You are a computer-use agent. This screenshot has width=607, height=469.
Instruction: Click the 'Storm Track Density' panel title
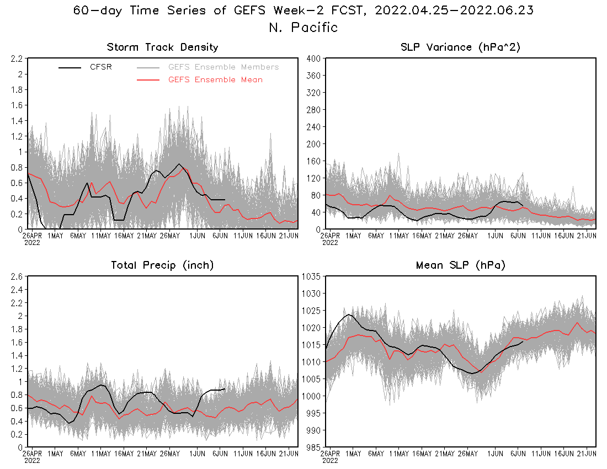click(162, 47)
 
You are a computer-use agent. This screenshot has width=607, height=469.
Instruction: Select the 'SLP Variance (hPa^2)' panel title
click(461, 47)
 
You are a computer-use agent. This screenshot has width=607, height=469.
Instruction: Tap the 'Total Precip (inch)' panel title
click(162, 265)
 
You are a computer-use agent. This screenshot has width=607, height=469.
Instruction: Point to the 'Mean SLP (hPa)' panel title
click(461, 265)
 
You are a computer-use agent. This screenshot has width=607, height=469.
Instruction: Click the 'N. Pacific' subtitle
click(303, 27)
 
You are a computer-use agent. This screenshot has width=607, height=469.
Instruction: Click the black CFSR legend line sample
click(70, 67)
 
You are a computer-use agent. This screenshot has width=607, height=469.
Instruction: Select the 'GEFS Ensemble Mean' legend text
click(215, 80)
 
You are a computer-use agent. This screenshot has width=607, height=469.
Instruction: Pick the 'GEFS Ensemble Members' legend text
click(223, 67)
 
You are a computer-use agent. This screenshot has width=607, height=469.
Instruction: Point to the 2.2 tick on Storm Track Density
click(15, 58)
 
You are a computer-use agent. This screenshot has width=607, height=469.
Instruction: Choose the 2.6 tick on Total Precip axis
click(15, 276)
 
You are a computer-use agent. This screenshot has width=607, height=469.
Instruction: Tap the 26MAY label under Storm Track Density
click(170, 236)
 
